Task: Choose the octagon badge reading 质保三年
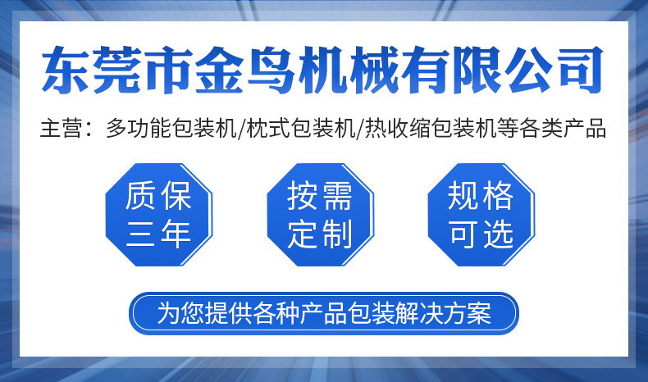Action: pos(159,215)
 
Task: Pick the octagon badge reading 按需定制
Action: pos(320,215)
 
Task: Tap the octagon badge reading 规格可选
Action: pos(481,215)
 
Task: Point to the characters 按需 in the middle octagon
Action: pos(320,197)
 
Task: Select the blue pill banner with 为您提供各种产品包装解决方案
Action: pos(324,313)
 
